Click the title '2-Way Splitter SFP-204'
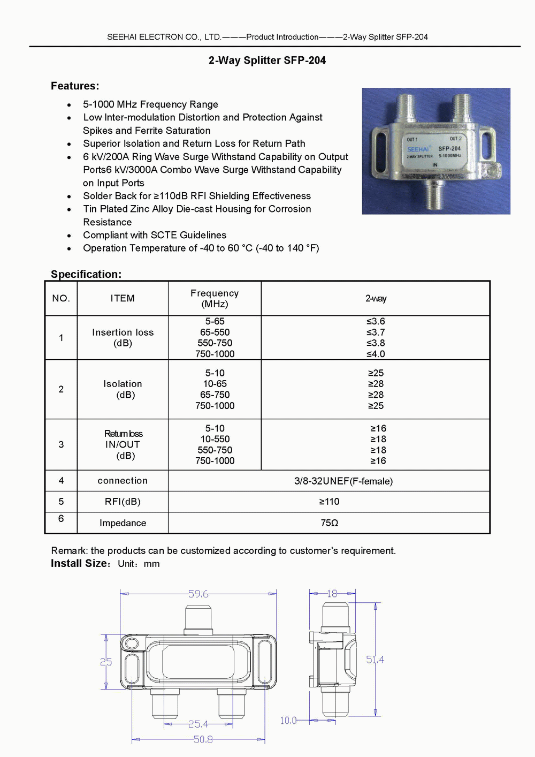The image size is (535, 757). tap(267, 60)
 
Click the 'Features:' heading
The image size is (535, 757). tap(75, 86)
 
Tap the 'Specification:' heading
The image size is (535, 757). tap(86, 274)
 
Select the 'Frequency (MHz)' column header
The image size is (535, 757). tap(215, 298)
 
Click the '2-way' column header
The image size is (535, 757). tap(376, 298)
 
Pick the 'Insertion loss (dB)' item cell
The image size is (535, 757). tap(123, 337)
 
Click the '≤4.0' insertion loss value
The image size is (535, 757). tap(376, 354)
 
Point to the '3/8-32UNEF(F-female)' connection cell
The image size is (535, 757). tap(343, 481)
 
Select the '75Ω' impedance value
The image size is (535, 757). tap(329, 523)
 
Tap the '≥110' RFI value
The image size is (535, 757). tap(329, 502)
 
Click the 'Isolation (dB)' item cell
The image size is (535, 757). tap(123, 389)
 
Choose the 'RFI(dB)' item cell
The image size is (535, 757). tap(123, 502)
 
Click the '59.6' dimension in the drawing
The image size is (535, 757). tap(198, 594)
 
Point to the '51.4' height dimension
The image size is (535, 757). tap(374, 660)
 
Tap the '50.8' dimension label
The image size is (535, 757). tap(203, 739)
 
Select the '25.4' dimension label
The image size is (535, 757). tap(198, 724)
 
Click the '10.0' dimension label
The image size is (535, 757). tap(288, 721)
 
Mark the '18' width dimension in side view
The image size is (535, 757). tap(332, 593)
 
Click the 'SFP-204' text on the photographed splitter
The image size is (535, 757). tap(449, 148)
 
